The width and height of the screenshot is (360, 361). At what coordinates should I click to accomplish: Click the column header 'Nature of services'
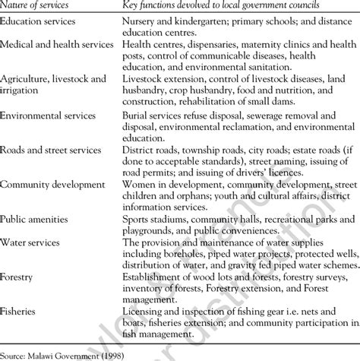click(x=36, y=5)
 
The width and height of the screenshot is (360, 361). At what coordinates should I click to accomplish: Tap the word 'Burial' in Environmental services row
click(x=138, y=116)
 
